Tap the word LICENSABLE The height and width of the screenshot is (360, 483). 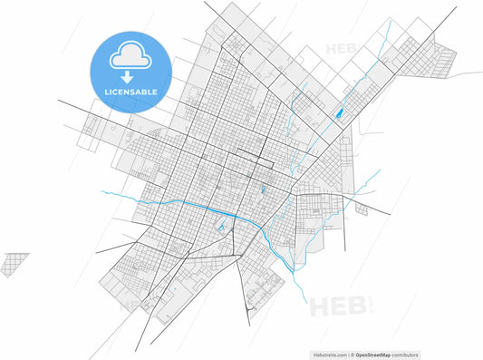pos(131,92)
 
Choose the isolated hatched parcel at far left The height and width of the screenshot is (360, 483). pos(14,264)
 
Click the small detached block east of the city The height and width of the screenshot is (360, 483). pos(361,209)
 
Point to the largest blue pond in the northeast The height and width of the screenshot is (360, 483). pos(339,114)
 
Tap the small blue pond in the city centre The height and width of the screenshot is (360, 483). pos(262,190)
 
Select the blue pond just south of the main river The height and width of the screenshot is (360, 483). pos(221,227)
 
